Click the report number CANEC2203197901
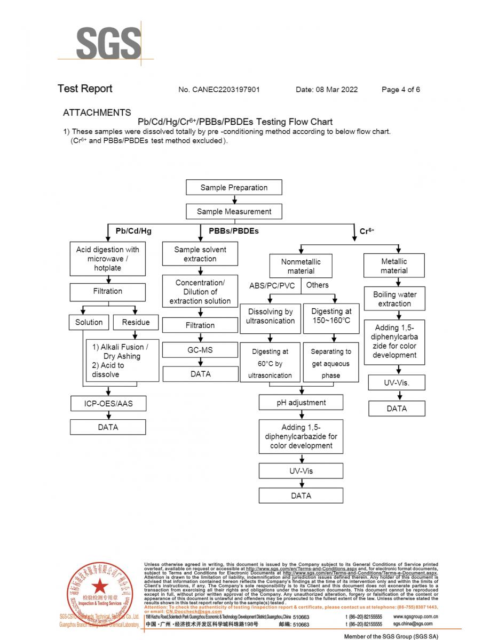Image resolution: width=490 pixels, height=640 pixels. coord(219,90)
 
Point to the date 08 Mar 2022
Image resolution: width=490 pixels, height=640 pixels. coord(327,90)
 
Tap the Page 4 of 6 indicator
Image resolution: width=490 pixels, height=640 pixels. coord(401,90)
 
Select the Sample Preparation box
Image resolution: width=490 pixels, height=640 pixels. coord(234,188)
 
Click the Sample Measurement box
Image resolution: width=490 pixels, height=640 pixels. coord(234,212)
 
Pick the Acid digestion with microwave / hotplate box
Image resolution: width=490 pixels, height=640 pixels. coord(107,259)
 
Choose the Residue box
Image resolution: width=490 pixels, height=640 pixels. coord(136,322)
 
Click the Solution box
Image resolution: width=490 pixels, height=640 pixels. coord(89,322)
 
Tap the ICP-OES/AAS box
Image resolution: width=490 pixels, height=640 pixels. coord(108,404)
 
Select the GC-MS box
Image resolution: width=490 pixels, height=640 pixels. coord(200,350)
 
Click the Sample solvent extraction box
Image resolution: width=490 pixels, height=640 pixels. coord(200,254)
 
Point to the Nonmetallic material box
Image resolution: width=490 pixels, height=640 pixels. coord(301,266)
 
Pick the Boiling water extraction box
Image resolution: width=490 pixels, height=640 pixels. coord(394,299)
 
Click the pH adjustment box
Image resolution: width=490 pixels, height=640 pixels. coord(301,403)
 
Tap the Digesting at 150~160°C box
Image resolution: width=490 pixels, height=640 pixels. coord(331,316)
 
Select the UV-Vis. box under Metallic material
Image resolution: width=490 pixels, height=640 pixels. coord(397,382)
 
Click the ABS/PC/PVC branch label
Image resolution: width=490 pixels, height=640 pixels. coord(272,285)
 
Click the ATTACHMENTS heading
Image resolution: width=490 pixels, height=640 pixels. coord(97,113)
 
